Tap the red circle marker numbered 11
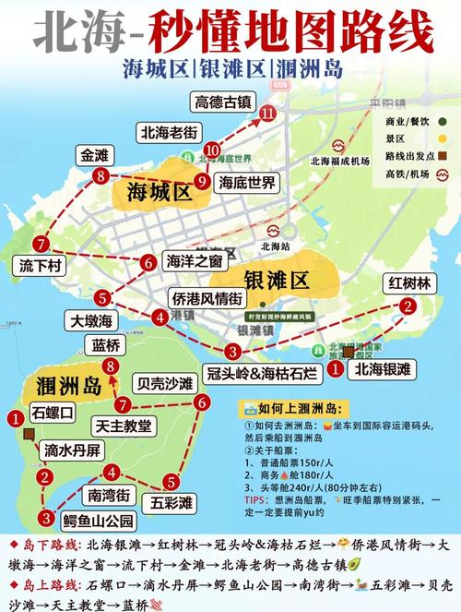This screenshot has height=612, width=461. (x=268, y=113)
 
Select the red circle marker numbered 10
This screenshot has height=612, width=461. (x=213, y=149)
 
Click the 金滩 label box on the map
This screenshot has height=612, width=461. (x=95, y=154)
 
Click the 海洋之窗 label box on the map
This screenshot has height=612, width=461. (x=194, y=261)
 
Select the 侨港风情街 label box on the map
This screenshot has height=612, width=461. (x=207, y=298)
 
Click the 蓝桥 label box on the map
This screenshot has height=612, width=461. (x=107, y=345)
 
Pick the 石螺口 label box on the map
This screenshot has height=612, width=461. (x=52, y=413)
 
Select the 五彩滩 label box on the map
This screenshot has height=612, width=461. (x=172, y=503)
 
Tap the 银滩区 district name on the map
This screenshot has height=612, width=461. (x=276, y=280)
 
